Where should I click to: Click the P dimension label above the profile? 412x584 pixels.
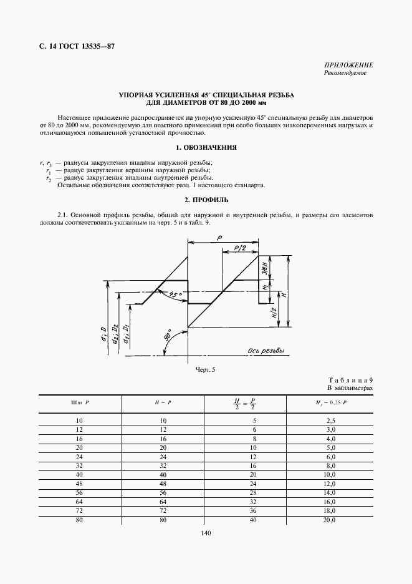(220, 238)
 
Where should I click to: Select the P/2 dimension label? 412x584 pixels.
(241, 248)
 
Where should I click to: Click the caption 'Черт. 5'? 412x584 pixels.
(205, 370)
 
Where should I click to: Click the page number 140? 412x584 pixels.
(206, 533)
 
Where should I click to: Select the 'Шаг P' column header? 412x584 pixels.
(80, 402)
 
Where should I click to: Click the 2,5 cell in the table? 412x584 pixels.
(331, 422)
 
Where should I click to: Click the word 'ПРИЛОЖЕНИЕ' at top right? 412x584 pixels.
(348, 65)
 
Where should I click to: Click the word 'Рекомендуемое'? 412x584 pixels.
(345, 74)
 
